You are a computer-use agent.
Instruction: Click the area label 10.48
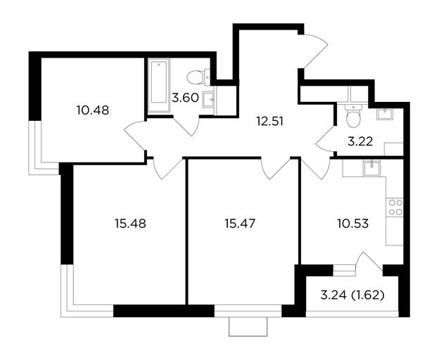(x=93, y=110)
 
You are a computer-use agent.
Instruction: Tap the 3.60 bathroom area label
(x=185, y=98)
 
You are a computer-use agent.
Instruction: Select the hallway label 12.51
(x=270, y=122)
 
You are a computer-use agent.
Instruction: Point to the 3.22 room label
(x=360, y=142)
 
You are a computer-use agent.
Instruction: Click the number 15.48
(x=130, y=224)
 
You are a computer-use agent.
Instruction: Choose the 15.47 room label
(x=240, y=224)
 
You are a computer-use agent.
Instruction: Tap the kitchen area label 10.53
(x=352, y=224)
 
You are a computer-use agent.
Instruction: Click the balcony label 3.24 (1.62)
(x=352, y=295)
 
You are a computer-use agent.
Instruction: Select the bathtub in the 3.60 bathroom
(x=159, y=85)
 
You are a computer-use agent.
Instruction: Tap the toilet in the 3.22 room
(x=353, y=116)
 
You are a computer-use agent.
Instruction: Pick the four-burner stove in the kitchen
(x=395, y=207)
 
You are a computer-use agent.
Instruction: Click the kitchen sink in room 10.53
(x=371, y=169)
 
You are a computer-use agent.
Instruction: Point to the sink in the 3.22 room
(x=385, y=114)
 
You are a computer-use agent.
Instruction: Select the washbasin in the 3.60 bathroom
(x=208, y=99)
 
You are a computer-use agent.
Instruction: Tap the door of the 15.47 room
(x=276, y=168)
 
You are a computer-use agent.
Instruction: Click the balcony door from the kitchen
(x=369, y=261)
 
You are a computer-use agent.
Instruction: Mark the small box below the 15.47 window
(x=248, y=326)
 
